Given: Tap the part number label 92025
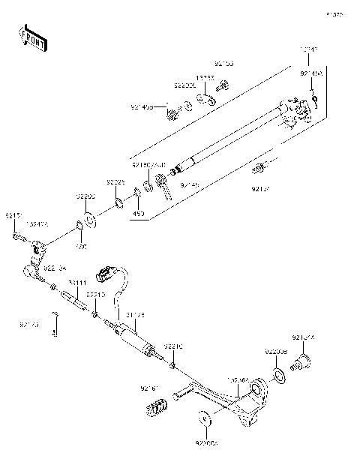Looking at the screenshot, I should (x=115, y=181).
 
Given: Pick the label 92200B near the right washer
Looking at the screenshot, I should (x=274, y=351).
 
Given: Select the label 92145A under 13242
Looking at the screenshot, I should (x=311, y=73).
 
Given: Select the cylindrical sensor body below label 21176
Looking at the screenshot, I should (x=136, y=340).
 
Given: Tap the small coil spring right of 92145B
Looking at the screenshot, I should (x=172, y=113).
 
